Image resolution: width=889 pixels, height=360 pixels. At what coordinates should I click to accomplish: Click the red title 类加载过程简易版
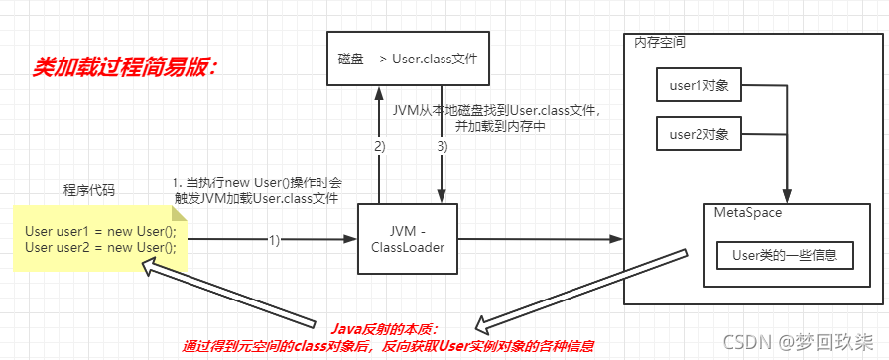[125, 67]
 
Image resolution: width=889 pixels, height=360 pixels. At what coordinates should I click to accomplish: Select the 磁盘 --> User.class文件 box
[408, 59]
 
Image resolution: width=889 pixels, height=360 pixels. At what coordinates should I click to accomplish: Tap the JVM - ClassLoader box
[407, 238]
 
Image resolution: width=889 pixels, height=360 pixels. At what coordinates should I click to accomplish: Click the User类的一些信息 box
[785, 255]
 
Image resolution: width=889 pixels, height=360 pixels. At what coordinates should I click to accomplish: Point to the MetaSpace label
[743, 213]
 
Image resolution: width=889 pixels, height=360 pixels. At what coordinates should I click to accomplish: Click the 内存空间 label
[660, 43]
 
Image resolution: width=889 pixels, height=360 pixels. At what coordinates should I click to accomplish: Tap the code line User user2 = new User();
[99, 247]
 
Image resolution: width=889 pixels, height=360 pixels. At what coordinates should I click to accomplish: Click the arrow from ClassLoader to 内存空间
[536, 238]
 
